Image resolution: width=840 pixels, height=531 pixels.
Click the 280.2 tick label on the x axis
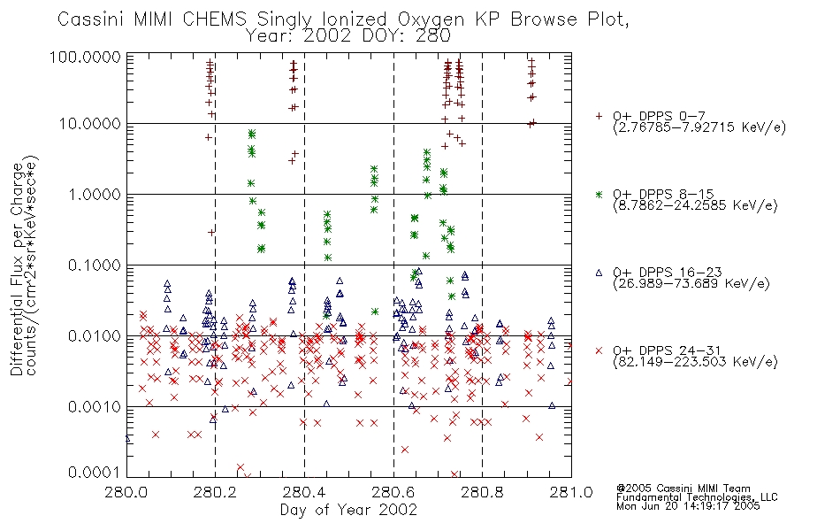point(215,492)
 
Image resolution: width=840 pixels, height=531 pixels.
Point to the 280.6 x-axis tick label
point(393,492)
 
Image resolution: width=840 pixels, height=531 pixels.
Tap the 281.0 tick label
point(571,492)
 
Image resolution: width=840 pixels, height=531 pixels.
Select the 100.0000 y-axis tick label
point(85,57)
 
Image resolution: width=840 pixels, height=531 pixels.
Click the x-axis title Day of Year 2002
point(348,510)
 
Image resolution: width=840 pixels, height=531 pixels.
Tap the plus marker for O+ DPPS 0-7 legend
point(599,116)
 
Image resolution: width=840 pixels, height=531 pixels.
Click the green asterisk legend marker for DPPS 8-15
point(599,194)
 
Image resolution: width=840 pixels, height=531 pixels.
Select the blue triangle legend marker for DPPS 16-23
point(599,273)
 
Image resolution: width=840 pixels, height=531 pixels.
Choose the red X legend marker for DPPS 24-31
point(599,350)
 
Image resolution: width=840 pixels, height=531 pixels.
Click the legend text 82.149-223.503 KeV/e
point(695,362)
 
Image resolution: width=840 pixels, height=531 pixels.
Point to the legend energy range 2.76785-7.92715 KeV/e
point(699,127)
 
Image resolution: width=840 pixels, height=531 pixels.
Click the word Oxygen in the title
point(431,19)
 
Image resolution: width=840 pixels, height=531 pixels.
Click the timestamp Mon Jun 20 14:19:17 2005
point(688,506)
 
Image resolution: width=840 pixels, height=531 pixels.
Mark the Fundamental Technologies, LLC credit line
point(697,497)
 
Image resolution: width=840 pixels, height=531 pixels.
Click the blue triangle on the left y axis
point(127,439)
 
